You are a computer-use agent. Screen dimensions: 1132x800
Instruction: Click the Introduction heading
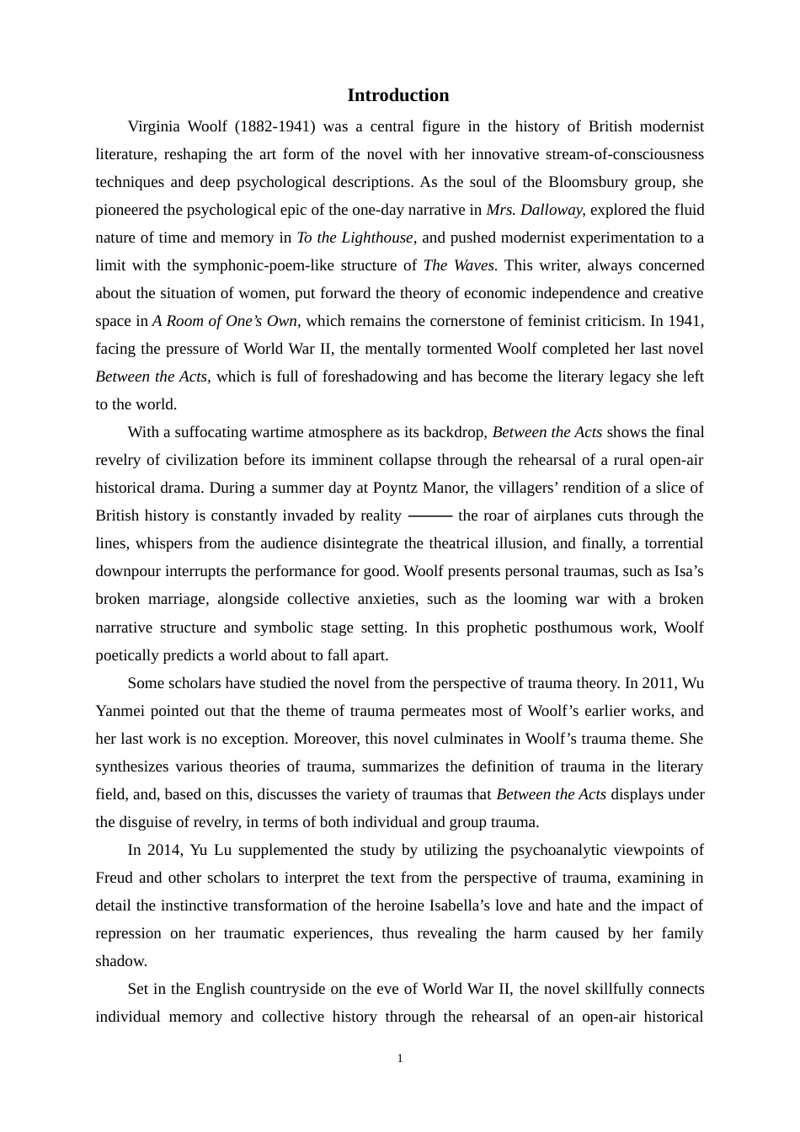398,95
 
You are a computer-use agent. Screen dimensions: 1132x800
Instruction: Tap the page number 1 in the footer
400,1059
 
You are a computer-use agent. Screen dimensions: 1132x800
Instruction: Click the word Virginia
153,126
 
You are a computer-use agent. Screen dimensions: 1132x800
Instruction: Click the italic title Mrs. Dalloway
535,210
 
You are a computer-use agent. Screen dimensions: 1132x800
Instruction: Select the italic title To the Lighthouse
355,238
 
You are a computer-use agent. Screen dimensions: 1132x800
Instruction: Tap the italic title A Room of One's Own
225,321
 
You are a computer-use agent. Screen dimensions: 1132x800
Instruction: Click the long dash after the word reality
429,515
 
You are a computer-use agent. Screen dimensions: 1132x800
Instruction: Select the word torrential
673,543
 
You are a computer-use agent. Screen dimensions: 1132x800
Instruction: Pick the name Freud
114,878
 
